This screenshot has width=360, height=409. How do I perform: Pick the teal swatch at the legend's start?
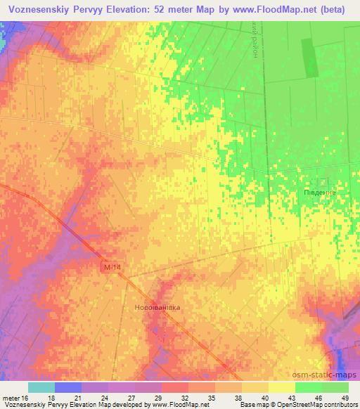(x=41, y=387)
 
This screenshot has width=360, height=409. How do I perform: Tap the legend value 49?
(x=345, y=397)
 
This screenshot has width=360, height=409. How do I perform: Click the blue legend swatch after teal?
(x=68, y=387)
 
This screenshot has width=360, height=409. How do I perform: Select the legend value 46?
(x=319, y=397)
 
